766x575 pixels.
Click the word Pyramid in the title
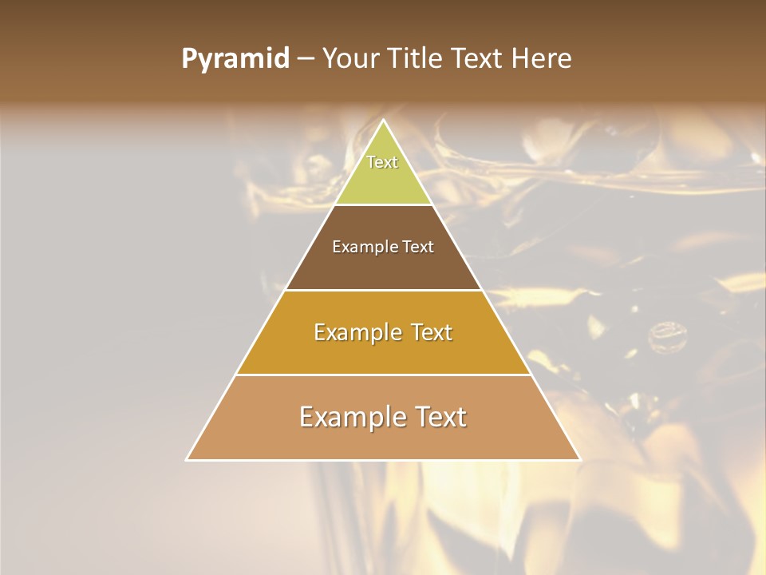click(x=235, y=59)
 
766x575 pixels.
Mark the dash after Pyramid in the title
click(x=306, y=59)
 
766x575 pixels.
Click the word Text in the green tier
click(x=382, y=162)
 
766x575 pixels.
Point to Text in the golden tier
click(x=432, y=332)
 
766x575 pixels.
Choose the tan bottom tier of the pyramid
click(x=384, y=439)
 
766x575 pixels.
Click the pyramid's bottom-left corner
click(x=188, y=459)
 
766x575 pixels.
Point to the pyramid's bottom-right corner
click(x=580, y=459)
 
